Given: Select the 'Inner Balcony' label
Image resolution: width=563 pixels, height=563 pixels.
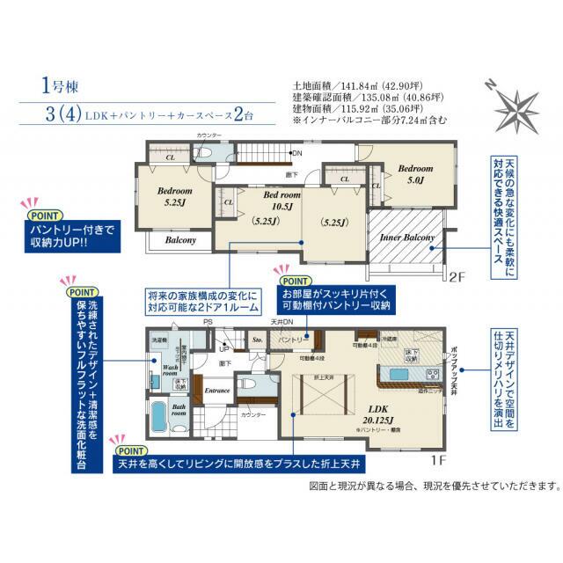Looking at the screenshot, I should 406,237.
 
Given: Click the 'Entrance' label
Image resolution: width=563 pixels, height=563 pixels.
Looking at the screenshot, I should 216,388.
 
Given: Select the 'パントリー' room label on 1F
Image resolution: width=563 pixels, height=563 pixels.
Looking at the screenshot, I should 291,338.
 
